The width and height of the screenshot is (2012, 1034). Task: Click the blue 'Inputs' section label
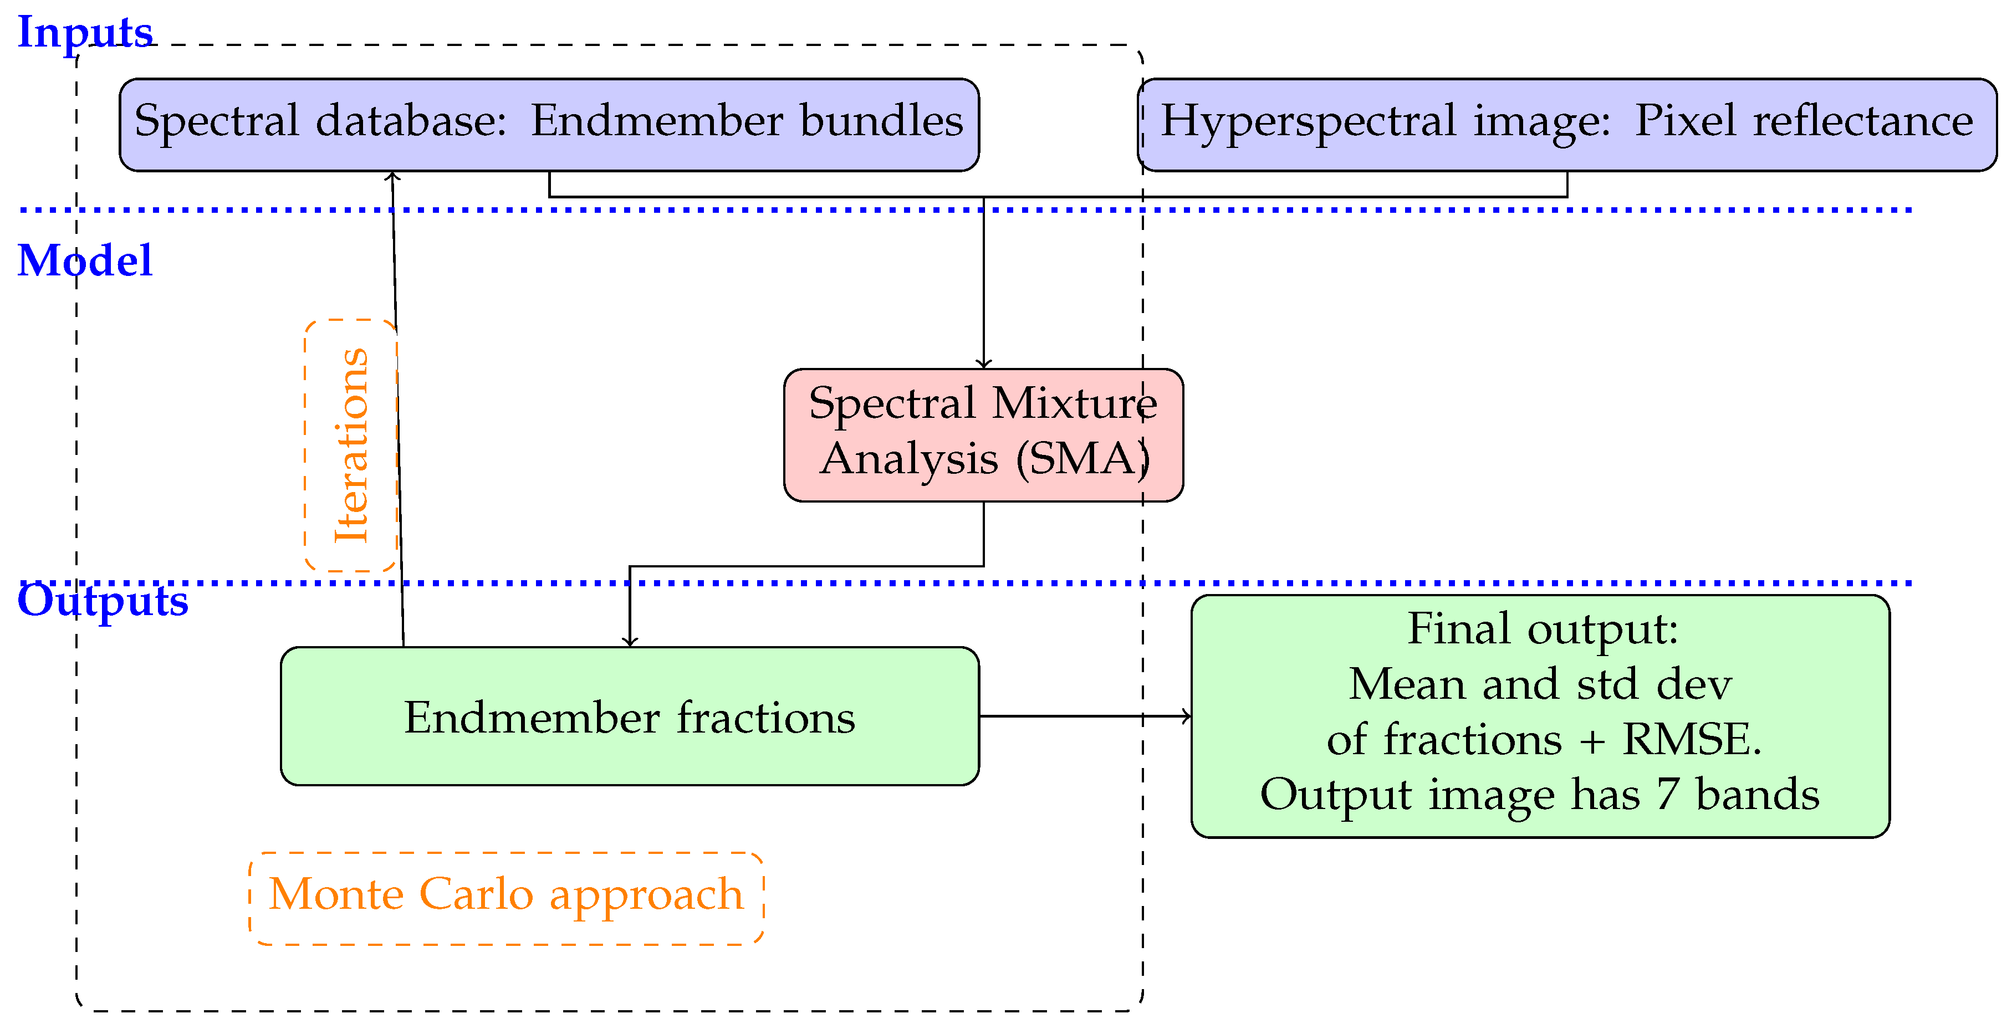tap(84, 33)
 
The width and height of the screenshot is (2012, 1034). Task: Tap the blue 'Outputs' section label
tap(103, 601)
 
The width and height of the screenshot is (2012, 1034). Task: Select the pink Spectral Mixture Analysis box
tap(983, 434)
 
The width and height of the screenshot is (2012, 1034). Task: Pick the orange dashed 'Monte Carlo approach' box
tap(505, 898)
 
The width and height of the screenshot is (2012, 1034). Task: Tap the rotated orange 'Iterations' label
tap(351, 445)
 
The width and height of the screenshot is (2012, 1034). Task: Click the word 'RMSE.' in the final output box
tap(1692, 739)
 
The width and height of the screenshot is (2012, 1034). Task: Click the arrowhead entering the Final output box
tap(1187, 715)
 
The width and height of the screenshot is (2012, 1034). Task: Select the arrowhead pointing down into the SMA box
tap(983, 363)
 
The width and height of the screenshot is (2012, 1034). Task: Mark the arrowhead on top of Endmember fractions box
tap(630, 641)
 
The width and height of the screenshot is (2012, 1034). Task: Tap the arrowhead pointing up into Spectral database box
tap(393, 177)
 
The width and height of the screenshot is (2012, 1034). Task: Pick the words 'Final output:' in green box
tap(1543, 629)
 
